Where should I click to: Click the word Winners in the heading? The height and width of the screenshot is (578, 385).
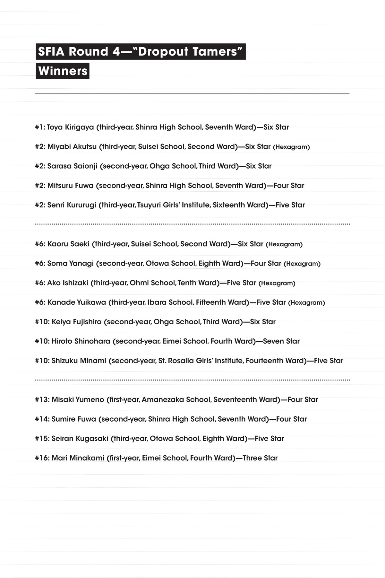63,71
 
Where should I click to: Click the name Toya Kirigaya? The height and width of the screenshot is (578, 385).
70,127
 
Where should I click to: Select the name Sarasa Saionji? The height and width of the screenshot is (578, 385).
72,166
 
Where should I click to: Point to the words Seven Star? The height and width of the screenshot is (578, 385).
281,341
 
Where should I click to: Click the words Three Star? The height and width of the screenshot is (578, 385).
260,458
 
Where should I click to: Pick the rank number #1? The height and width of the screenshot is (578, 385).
40,127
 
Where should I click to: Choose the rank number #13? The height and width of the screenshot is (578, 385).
42,399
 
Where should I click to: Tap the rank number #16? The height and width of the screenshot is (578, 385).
42,458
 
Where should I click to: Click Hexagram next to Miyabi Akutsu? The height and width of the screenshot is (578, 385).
291,147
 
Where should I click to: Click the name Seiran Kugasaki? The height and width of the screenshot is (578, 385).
80,438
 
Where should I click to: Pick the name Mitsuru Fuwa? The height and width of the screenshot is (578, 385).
70,185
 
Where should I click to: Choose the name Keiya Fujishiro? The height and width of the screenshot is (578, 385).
76,322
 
